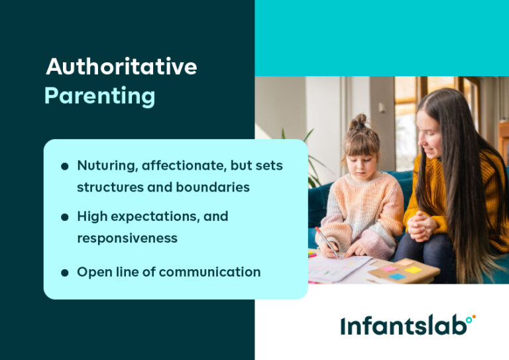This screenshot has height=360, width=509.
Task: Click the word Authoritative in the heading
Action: pos(121,67)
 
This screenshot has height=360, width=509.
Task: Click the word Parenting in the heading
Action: pos(99,96)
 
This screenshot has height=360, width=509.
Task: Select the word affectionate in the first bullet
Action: pos(180,166)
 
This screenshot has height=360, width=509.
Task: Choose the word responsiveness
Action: pos(127,237)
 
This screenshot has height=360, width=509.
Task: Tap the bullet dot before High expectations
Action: pos(64,217)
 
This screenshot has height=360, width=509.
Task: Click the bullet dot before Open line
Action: pos(64,272)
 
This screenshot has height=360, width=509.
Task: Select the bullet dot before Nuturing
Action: pos(64,166)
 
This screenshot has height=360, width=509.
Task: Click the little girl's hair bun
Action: pos(359,122)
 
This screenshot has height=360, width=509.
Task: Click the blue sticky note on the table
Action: pos(397,275)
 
